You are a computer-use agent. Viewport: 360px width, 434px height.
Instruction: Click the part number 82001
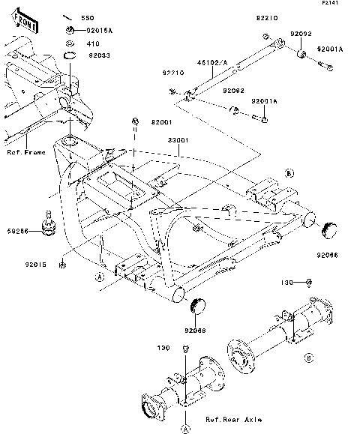click(162, 121)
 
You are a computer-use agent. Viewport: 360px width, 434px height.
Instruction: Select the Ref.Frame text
click(26, 153)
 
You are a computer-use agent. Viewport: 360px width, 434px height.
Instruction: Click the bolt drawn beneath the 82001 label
click(135, 121)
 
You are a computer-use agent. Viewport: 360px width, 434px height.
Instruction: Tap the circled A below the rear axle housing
click(184, 429)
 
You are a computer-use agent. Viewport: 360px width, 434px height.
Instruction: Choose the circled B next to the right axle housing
click(308, 358)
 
